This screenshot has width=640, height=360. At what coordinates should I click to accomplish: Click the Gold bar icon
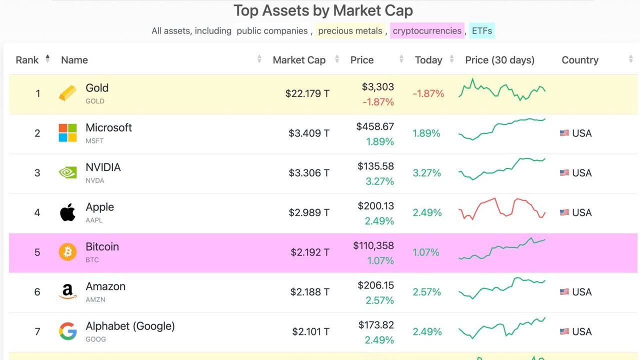67,93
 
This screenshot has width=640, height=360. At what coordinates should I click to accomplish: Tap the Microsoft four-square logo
67,133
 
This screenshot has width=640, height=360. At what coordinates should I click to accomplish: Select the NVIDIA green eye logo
67,172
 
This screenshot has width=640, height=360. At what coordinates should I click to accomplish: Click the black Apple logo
67,212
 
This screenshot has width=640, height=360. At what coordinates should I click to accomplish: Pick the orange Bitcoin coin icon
67,252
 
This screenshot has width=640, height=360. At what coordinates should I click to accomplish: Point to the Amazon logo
67,291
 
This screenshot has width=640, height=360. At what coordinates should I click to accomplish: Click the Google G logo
67,331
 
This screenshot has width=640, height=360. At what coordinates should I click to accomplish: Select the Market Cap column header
299,60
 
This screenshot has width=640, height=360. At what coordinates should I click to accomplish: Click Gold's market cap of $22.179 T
307,93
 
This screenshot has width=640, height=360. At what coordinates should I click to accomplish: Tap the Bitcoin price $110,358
373,245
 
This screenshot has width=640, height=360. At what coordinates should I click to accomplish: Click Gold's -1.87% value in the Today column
428,93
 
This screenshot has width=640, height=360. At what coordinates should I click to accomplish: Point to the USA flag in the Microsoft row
564,133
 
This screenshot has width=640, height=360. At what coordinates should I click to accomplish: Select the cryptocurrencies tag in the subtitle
427,31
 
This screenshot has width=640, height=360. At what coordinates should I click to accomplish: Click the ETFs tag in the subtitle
482,31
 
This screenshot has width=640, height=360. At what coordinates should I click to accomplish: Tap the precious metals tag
350,31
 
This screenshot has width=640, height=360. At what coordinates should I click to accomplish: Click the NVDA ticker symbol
95,180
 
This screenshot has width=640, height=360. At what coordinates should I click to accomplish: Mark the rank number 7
37,331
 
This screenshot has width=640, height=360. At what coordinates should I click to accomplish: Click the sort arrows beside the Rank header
47,59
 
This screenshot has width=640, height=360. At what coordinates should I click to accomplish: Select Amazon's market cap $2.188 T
309,292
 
